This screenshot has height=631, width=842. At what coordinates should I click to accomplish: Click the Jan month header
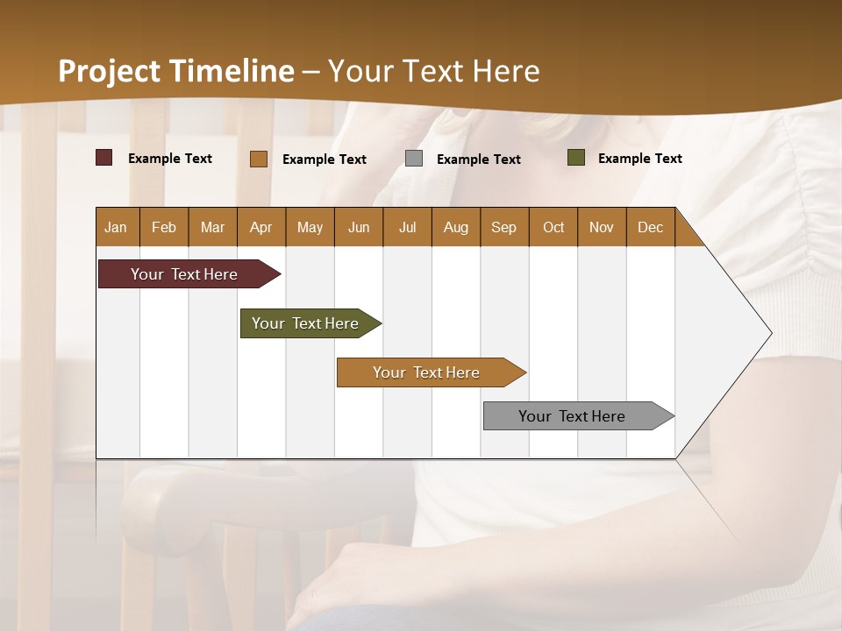pos(116,227)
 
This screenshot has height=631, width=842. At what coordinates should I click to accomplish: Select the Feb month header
pos(164,227)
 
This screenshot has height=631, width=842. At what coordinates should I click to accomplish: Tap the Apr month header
pos(260,227)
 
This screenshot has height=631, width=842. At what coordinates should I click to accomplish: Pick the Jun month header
pos(359,227)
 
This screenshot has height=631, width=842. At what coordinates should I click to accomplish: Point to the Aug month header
pos(455,227)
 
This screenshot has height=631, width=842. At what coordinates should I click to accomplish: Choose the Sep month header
pos(503,227)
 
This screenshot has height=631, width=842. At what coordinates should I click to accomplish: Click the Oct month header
pos(553,227)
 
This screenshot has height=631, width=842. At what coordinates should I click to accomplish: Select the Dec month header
pos(650,227)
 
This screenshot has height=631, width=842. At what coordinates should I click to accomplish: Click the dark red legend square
pos(103,158)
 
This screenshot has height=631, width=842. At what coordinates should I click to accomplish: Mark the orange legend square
pos(258,159)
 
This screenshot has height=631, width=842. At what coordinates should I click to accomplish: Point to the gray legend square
pos(414,159)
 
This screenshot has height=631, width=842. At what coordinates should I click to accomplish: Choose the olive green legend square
pos(575,158)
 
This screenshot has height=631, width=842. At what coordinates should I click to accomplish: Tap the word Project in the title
pos(110,71)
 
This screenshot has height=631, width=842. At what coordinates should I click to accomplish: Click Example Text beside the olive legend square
pos(639,159)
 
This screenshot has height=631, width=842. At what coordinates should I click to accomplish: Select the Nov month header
pos(601,227)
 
